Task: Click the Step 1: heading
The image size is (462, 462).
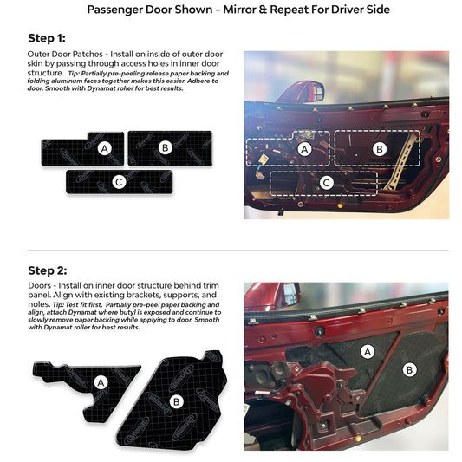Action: point(47,38)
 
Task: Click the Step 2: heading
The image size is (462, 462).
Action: point(48,270)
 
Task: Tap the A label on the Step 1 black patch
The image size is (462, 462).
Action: point(104,149)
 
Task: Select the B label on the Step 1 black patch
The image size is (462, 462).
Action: point(166,147)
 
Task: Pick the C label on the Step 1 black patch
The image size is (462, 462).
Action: point(119,182)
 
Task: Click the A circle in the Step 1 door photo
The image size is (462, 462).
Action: point(304,149)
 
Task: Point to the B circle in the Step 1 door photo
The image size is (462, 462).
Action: point(380,149)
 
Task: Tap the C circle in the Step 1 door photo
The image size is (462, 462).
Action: point(327,183)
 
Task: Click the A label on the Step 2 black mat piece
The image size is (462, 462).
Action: point(101,383)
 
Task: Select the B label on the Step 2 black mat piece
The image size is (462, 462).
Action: point(176,402)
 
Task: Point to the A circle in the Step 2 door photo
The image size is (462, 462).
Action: point(368,352)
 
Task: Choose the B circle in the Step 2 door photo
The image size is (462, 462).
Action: point(409,370)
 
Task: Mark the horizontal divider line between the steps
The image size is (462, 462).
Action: point(238,251)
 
